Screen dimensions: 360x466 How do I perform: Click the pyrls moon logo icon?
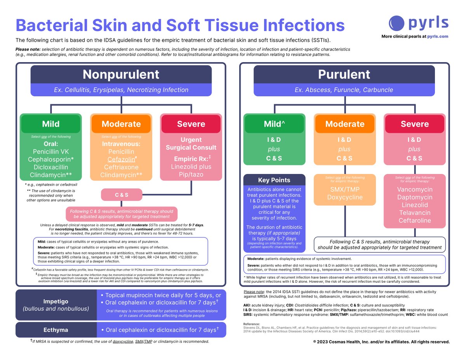(396, 23)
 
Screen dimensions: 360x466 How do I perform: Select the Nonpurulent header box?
(121, 74)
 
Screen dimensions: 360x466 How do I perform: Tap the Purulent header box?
(344, 74)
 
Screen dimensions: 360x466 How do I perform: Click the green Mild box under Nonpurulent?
(51, 124)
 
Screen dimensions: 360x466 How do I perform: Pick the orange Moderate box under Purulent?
(345, 124)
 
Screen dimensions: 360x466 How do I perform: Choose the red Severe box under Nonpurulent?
(191, 124)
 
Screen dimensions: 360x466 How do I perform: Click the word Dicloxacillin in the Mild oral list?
(51, 167)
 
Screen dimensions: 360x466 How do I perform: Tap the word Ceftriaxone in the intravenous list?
(121, 167)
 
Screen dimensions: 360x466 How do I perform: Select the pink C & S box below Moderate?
(122, 195)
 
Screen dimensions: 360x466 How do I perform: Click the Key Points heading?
(275, 180)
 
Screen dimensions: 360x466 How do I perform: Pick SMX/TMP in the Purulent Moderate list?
(345, 190)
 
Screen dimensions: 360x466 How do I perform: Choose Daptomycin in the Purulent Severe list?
(414, 197)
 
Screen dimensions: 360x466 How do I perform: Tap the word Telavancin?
(414, 213)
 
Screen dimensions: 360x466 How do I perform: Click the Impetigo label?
(56, 301)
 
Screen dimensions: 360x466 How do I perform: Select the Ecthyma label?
(56, 330)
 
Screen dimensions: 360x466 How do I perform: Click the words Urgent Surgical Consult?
(191, 143)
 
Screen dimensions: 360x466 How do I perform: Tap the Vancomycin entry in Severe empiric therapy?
(414, 190)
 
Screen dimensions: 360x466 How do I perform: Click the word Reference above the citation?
(252, 323)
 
